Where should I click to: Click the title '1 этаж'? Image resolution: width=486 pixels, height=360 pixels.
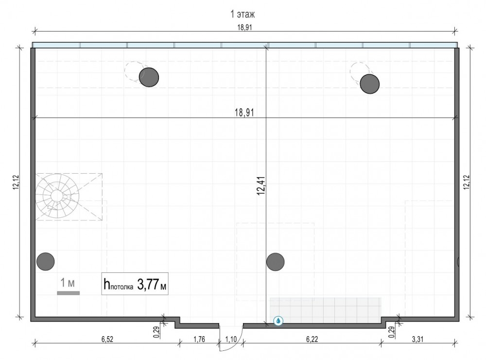click(243, 14)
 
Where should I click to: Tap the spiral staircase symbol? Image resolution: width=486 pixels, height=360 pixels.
click(57, 196)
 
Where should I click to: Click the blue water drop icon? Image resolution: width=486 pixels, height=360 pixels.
click(278, 321)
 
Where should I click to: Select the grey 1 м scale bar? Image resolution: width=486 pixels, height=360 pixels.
click(69, 293)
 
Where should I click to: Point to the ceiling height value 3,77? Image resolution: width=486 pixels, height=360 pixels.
click(148, 285)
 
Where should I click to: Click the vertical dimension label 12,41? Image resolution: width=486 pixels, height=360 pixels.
click(261, 186)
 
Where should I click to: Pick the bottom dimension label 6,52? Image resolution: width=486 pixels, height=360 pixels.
click(107, 339)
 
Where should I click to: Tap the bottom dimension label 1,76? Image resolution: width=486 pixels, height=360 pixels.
click(199, 339)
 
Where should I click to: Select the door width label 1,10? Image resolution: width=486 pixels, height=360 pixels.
click(231, 339)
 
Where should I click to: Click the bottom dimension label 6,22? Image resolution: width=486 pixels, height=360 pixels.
click(312, 339)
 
